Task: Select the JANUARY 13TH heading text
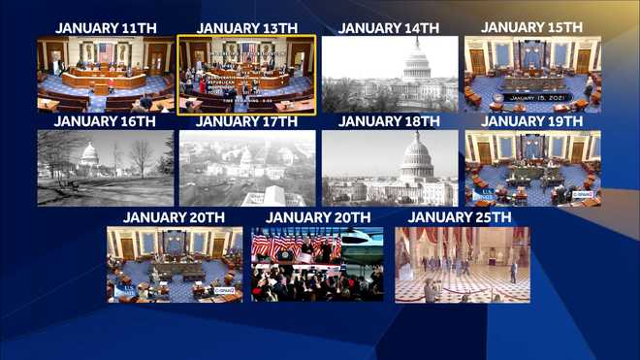[x=246, y=27]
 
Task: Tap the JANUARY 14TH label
[x=389, y=27]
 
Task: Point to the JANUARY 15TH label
[x=531, y=26]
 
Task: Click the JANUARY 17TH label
[x=246, y=121]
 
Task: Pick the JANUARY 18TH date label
[x=389, y=121]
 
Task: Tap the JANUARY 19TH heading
[x=531, y=121]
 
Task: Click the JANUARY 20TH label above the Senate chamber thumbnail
[x=176, y=215]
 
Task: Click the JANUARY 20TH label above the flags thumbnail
[x=318, y=215]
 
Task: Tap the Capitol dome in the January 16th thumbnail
[x=89, y=154]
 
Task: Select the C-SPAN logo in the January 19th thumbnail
[x=582, y=194]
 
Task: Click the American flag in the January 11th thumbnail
[x=105, y=50]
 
